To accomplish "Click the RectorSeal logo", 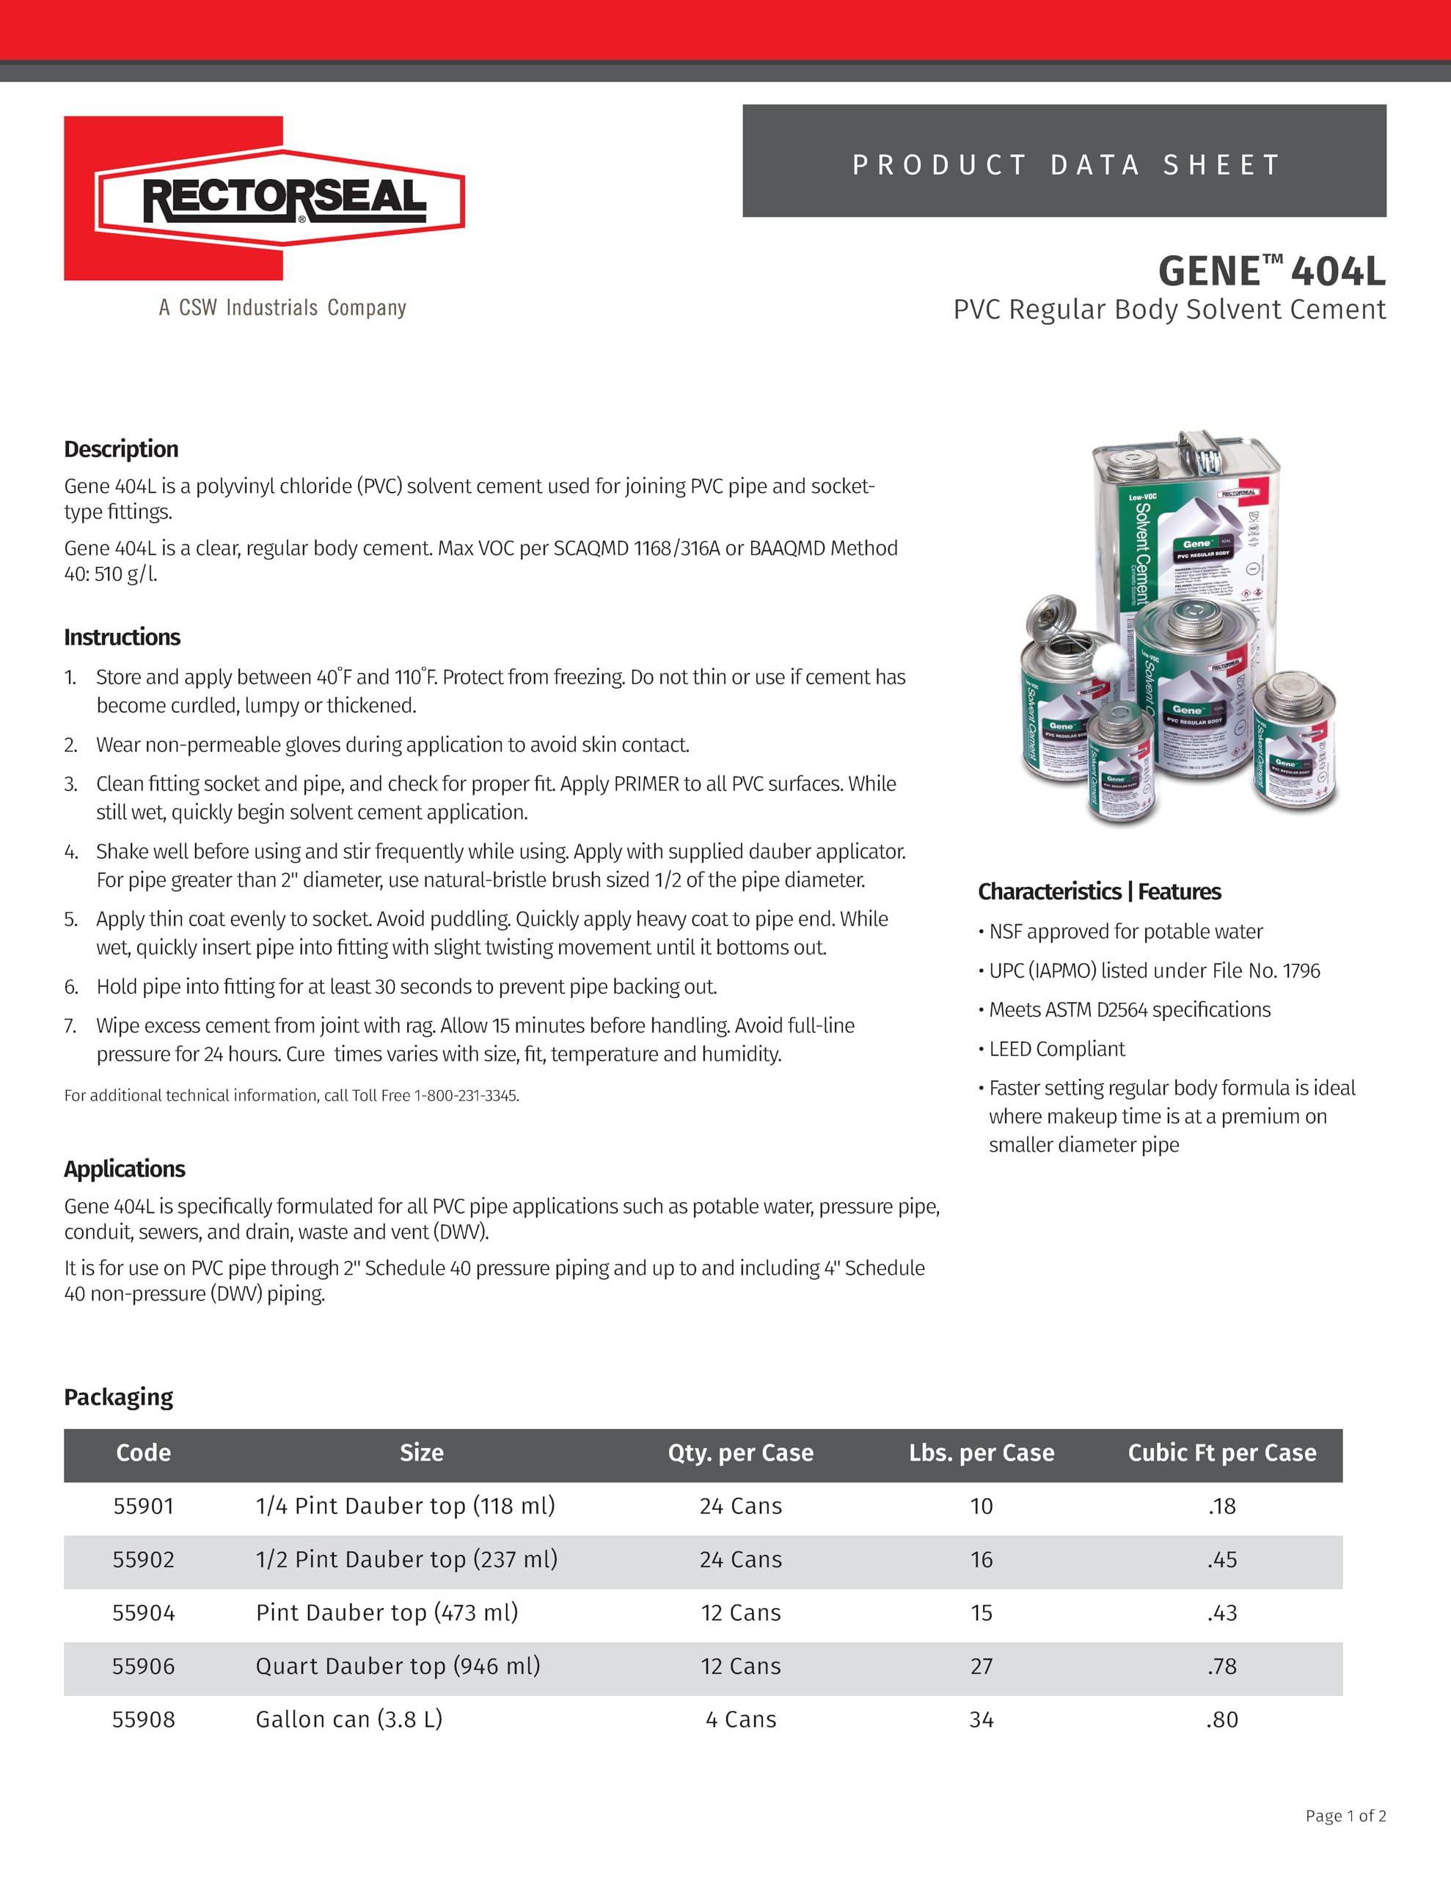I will coord(265,199).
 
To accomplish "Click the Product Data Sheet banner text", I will coord(1065,164).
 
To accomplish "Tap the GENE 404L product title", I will coord(1271,271).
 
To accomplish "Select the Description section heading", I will coord(121,449).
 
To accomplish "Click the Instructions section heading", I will coord(122,637).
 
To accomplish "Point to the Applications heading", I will coord(125,1169).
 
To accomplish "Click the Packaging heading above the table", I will coord(119,1397).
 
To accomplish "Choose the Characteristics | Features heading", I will coord(1099,892).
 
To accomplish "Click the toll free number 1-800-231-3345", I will coord(465,1095).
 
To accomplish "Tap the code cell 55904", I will coord(144,1612).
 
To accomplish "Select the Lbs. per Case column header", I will coord(982,1453).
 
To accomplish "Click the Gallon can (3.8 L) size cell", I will coord(349,1719).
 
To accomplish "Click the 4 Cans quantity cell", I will coord(741,1719).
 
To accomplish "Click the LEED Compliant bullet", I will coord(1056,1049).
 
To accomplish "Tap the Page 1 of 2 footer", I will coord(1345,1815).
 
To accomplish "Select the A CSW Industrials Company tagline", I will coord(282,308).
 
